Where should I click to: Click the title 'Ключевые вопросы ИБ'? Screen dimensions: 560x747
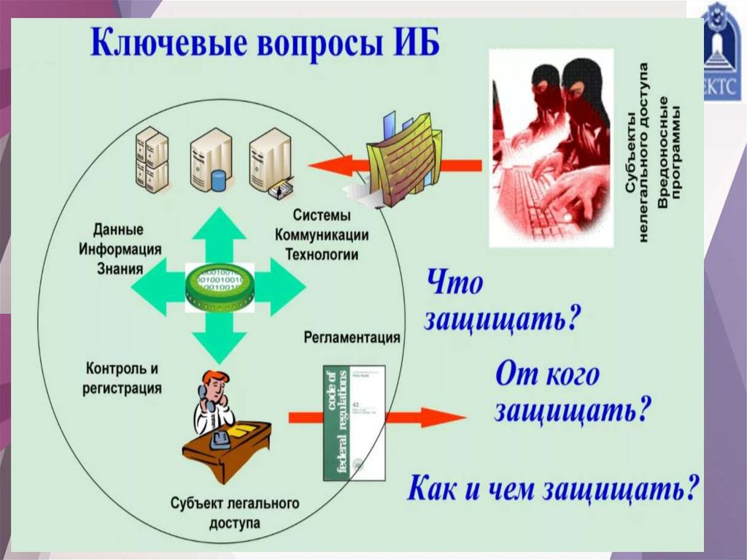tap(266, 43)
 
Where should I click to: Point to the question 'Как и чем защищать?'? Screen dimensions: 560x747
tap(553, 488)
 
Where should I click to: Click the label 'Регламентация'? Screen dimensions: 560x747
tap(351, 337)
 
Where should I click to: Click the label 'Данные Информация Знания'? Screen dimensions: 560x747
tap(120, 248)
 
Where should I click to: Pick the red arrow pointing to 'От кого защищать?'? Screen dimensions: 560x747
tap(409, 418)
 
